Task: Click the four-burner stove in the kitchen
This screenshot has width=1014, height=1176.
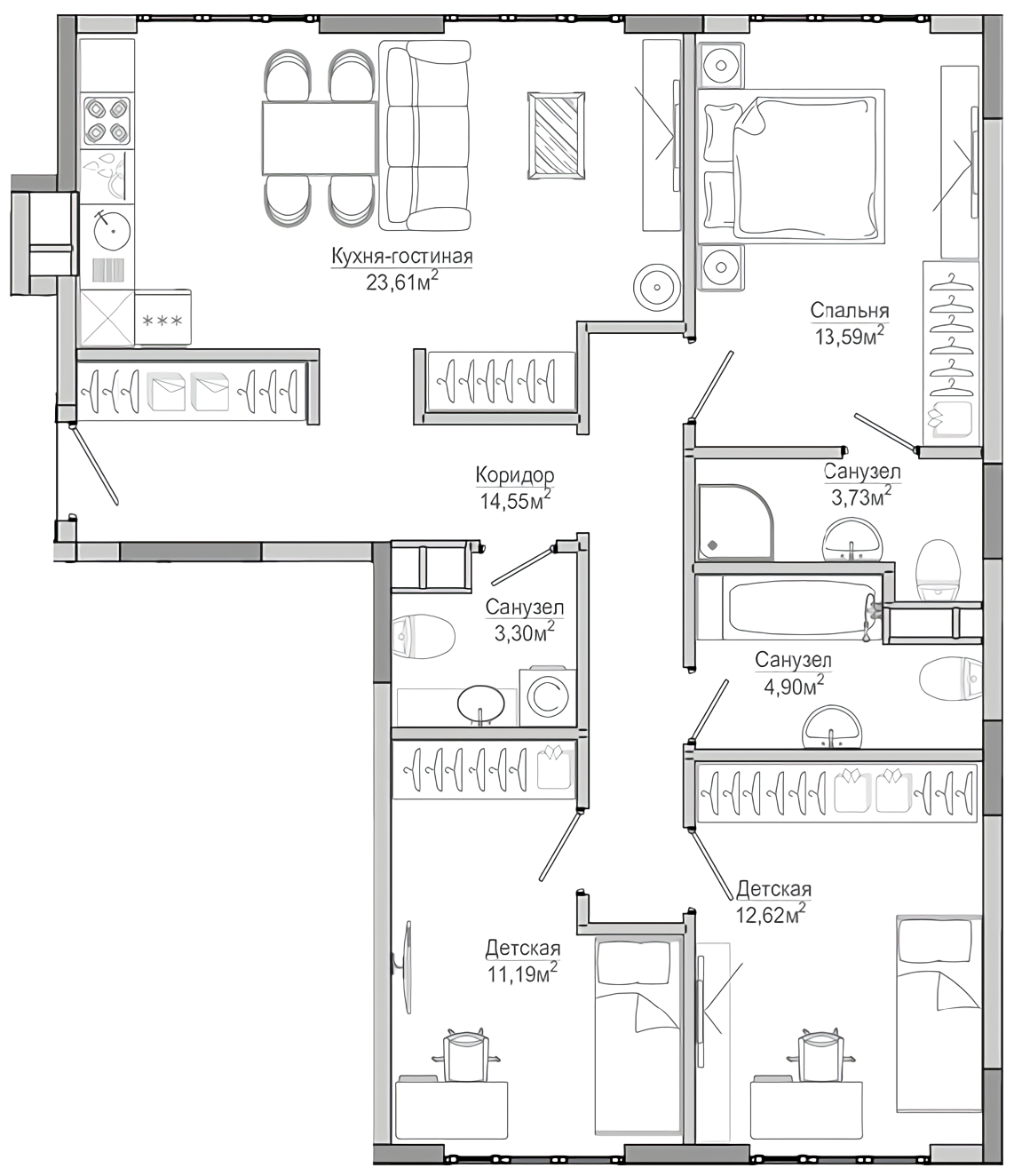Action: coord(107,121)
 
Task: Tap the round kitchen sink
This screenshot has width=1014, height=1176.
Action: coord(112,231)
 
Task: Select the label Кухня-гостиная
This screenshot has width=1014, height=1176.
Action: coord(402,257)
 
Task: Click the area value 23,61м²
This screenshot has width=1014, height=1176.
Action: coord(402,281)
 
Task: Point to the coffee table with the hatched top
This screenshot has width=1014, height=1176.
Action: coord(556,136)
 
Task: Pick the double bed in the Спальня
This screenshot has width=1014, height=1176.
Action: coord(791,165)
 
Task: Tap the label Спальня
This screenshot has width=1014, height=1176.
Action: coord(849,311)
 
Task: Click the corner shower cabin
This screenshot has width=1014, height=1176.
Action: coord(736,521)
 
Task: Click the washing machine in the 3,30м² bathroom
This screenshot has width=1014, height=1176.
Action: coord(548,696)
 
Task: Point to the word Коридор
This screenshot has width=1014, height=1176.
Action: coord(515,474)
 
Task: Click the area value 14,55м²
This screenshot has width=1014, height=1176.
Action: coord(515,499)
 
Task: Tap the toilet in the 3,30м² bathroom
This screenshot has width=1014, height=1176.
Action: coord(424,636)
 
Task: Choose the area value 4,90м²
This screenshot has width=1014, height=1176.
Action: coord(793,686)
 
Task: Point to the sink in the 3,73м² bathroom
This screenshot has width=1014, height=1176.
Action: coord(852,540)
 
